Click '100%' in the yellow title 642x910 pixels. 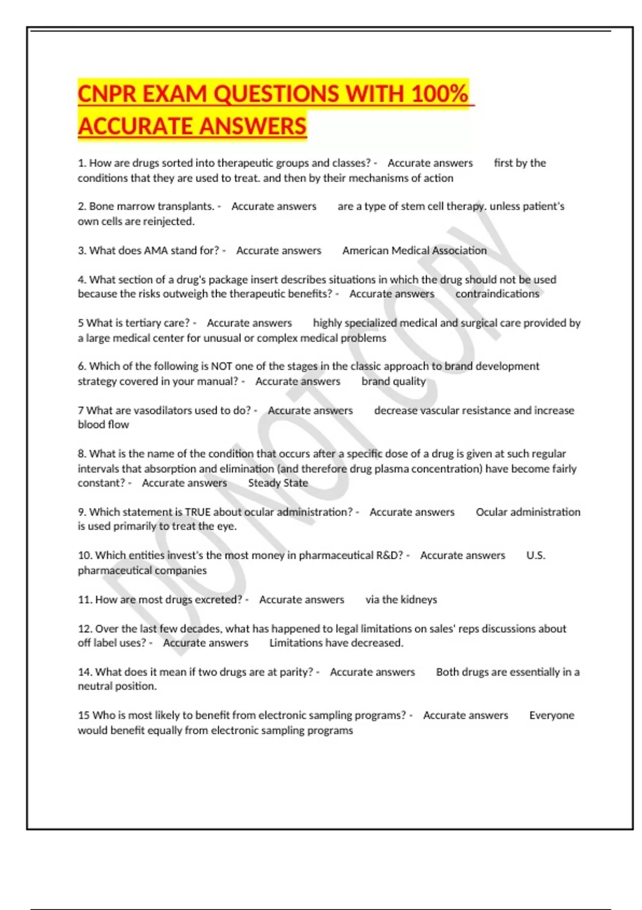440,94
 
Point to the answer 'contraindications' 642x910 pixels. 497,294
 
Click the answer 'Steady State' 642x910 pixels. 278,483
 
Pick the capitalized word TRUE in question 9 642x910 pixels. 197,512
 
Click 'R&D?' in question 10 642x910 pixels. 389,556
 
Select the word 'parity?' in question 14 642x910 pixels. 293,672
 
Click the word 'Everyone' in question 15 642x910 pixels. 551,716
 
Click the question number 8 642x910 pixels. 82,454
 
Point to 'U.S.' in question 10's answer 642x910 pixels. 536,556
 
